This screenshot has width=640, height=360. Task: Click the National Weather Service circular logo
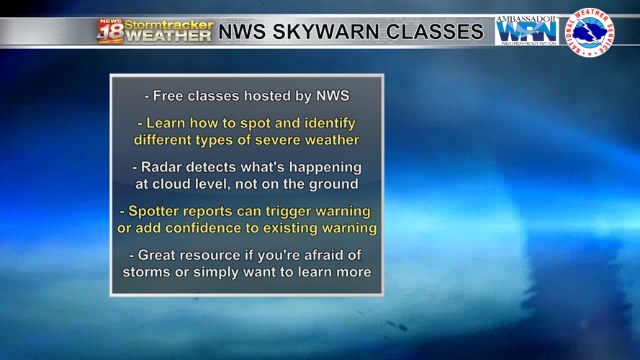click(x=590, y=32)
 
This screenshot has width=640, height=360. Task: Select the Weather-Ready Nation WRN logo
click(x=527, y=32)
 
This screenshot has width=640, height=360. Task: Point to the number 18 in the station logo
click(x=111, y=34)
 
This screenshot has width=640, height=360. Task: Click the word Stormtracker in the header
click(x=168, y=24)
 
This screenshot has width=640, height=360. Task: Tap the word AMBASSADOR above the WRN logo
click(x=526, y=19)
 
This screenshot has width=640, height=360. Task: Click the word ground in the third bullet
click(x=333, y=184)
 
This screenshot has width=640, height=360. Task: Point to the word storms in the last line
click(x=147, y=272)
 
